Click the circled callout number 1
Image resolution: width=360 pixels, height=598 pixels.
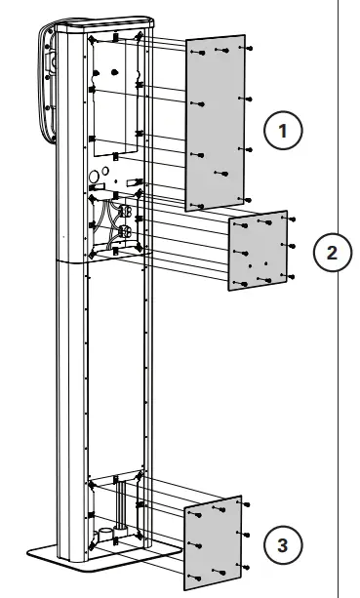pyautogui.click(x=284, y=130)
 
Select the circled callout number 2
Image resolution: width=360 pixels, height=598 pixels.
pyautogui.click(x=332, y=253)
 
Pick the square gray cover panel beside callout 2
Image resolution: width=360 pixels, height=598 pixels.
pyautogui.click(x=257, y=251)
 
